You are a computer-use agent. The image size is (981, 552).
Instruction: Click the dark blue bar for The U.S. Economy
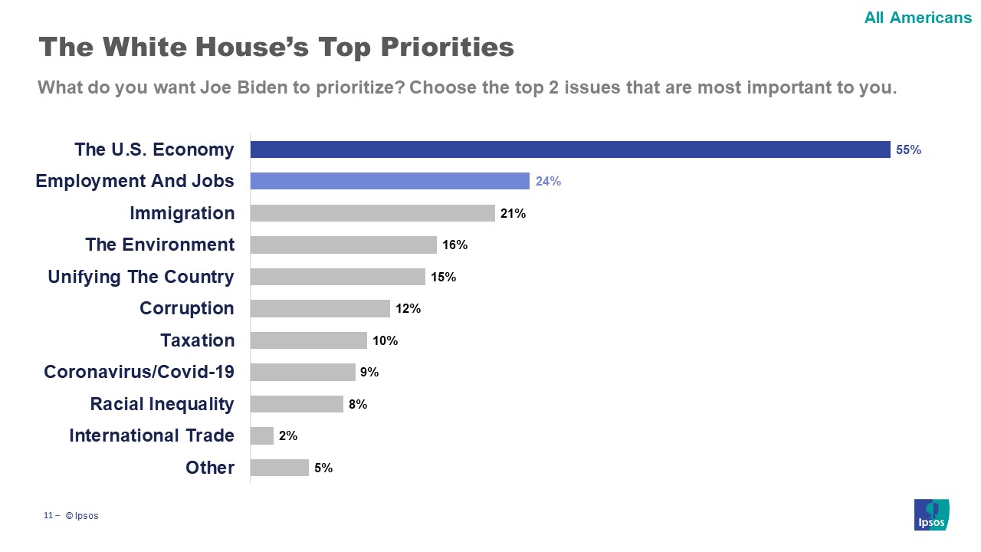tap(570, 149)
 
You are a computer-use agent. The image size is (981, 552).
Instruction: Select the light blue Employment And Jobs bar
tap(390, 181)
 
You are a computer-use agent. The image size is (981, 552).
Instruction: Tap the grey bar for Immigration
tap(372, 213)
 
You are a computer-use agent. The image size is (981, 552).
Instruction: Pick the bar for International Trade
tap(262, 435)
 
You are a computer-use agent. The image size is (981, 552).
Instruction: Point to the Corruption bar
tap(320, 308)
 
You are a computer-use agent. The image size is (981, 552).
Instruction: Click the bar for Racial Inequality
tap(297, 404)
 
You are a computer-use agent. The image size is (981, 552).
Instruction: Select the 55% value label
tap(908, 150)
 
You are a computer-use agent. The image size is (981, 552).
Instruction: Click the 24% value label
tap(548, 182)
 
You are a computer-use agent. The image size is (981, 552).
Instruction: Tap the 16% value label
tap(454, 245)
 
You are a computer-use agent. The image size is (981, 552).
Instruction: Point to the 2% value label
tap(288, 436)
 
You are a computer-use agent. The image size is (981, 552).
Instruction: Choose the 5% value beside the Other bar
tap(323, 468)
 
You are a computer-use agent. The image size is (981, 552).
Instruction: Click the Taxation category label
tap(197, 340)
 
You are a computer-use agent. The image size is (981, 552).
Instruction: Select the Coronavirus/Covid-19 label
tap(139, 372)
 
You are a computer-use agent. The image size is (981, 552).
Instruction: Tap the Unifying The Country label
tap(141, 277)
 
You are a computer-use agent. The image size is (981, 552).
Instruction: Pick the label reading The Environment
tap(159, 245)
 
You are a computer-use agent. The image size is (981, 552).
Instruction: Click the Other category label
tap(210, 468)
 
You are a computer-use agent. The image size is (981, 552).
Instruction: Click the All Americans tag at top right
tap(917, 18)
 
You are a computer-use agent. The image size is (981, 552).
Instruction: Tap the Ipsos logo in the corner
tap(932, 514)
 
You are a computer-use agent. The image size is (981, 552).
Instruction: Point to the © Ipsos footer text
tap(82, 516)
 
